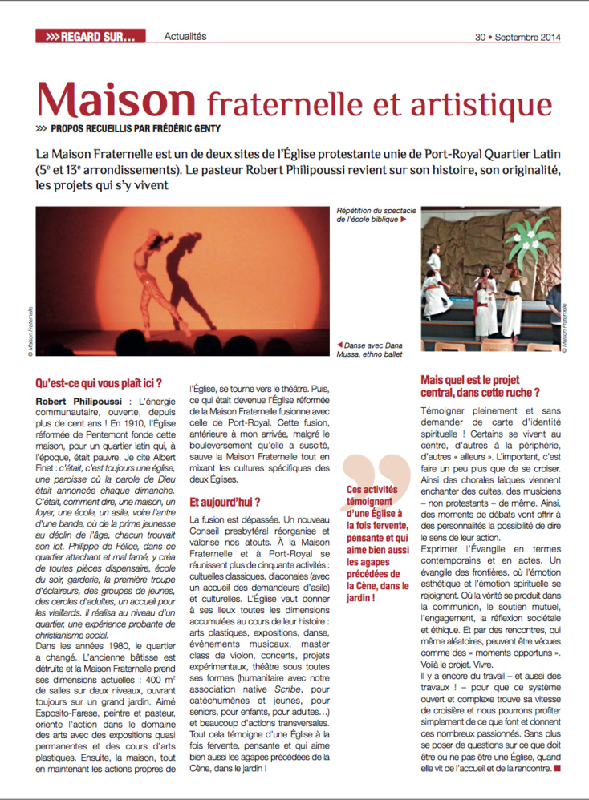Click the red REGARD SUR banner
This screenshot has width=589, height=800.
(x=90, y=37)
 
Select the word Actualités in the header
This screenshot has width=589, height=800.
(x=185, y=37)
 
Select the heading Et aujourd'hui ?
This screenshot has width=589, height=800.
(x=224, y=503)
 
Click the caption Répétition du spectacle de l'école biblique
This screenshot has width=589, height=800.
(x=372, y=215)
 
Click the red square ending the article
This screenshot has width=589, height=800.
(x=557, y=770)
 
